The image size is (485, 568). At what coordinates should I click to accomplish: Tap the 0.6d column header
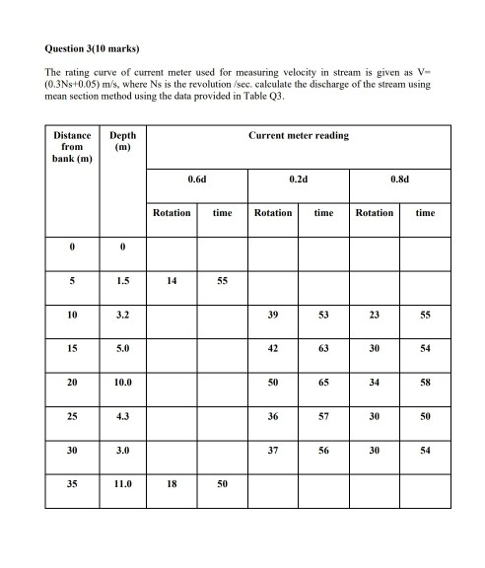pyautogui.click(x=196, y=179)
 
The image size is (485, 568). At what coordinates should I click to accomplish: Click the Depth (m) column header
pyautogui.click(x=122, y=141)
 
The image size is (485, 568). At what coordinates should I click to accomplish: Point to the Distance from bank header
pyautogui.click(x=72, y=147)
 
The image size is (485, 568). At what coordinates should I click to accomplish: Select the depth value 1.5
pyautogui.click(x=122, y=280)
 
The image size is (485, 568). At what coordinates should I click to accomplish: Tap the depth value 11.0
pyautogui.click(x=122, y=485)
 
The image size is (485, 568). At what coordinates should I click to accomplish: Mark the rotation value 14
pyautogui.click(x=172, y=280)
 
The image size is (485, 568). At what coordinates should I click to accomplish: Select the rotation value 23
pyautogui.click(x=375, y=315)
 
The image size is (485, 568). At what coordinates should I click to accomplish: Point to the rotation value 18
pyautogui.click(x=172, y=485)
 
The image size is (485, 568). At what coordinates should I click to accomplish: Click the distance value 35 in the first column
pyautogui.click(x=72, y=485)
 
